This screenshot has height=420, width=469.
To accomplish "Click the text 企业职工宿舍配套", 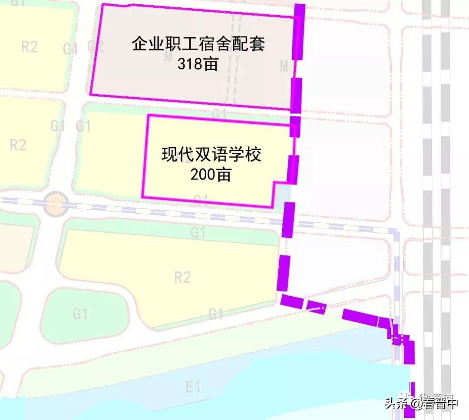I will point(198,44).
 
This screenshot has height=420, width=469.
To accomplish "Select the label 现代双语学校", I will point(212,155).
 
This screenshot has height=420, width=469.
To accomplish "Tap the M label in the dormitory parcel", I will point(284,66).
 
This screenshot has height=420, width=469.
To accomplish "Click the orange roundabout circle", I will point(56,204).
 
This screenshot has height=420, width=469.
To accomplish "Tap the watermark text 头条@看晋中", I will point(420,403).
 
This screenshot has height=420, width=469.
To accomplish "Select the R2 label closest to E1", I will point(182,277).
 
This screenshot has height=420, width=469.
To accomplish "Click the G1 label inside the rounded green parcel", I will point(80,313).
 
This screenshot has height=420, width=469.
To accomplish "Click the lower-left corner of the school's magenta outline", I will point(143,197).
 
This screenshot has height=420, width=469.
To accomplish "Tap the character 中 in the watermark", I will point(452,403).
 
